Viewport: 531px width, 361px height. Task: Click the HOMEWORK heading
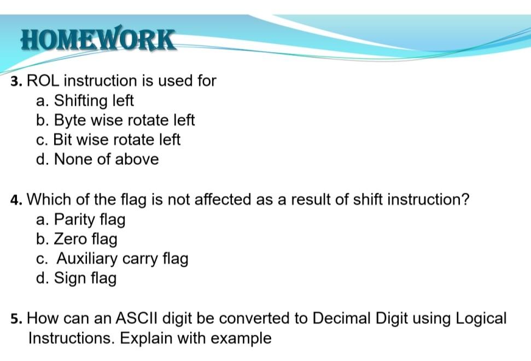coord(98,40)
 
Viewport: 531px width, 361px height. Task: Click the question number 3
coord(16,82)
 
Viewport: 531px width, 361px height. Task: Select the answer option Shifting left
coord(85,101)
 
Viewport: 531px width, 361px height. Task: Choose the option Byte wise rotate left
coord(115,121)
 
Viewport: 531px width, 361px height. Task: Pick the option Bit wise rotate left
coord(108,140)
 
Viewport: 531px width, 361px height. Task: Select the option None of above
coord(97,160)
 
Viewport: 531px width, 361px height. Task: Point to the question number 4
coord(16,200)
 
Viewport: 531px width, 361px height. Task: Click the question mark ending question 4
coord(465,199)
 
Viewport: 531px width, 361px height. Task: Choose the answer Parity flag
coord(81,220)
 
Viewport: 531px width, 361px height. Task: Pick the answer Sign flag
coord(76,279)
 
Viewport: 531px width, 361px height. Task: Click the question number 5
coord(16,319)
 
